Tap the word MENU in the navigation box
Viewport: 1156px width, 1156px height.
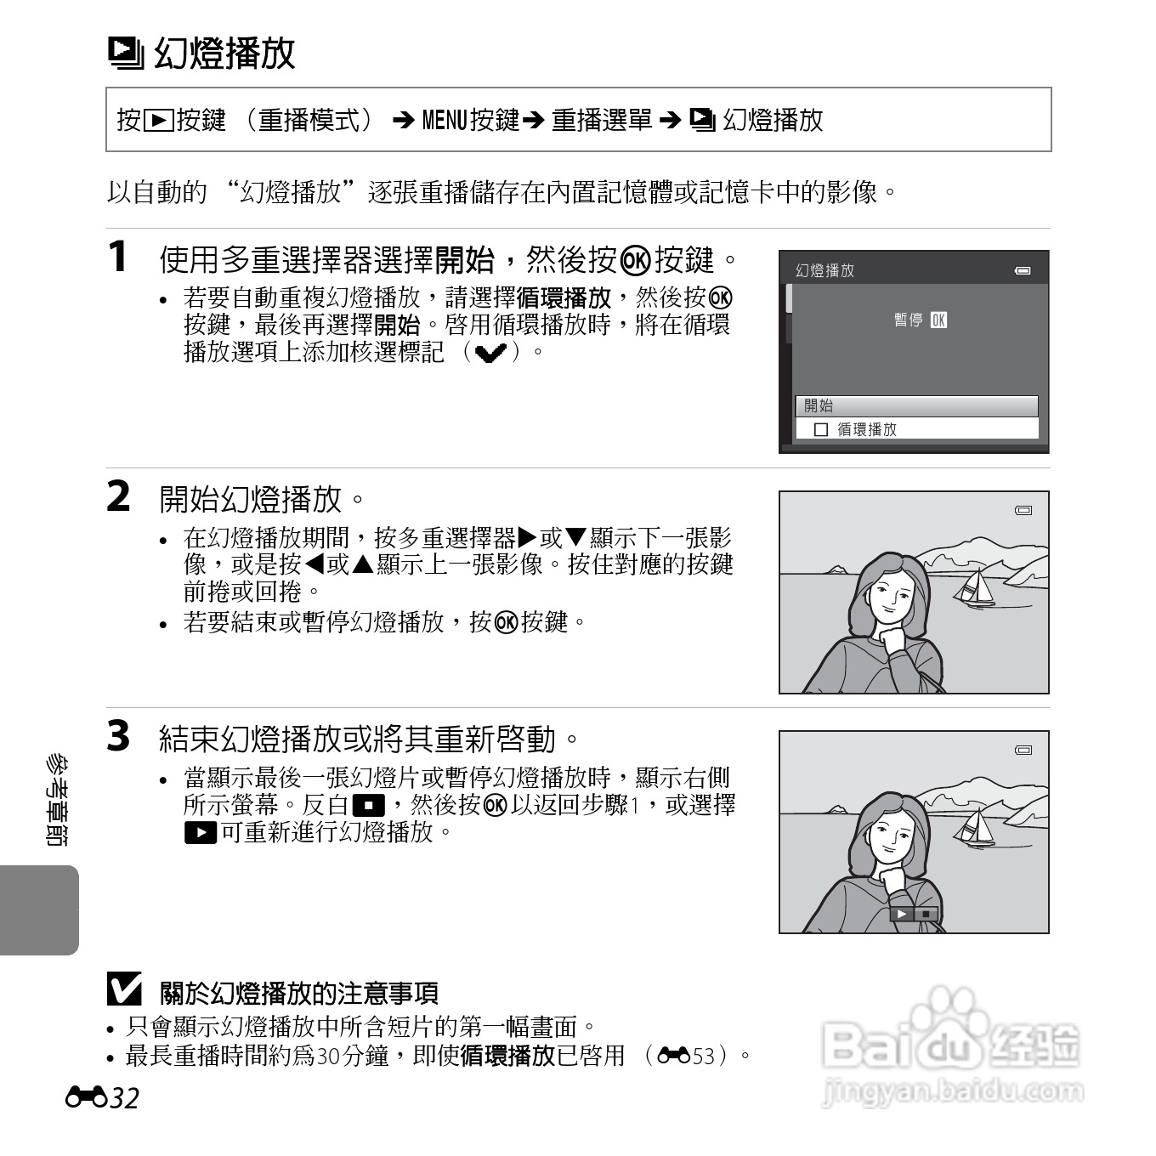pos(444,121)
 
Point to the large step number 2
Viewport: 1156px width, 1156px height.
pos(119,496)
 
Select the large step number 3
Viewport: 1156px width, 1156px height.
pos(119,736)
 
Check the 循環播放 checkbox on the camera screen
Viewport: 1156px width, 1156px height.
pos(820,430)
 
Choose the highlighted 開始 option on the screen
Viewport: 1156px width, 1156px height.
pos(916,406)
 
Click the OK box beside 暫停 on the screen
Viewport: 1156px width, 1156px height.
pos(938,320)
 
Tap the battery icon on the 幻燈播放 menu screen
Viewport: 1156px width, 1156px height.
pos(1023,271)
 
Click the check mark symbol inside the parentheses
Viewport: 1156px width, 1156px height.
pos(491,353)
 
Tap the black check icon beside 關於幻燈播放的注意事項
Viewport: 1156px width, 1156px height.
pos(124,989)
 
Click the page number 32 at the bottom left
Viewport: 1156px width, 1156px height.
pos(124,1098)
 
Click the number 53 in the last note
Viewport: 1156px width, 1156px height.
pos(704,1057)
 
